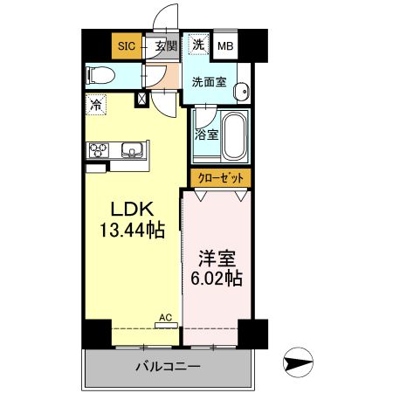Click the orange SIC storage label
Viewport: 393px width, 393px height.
tap(127, 46)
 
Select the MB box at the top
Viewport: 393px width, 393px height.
tap(225, 46)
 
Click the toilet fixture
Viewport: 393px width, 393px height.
tap(99, 75)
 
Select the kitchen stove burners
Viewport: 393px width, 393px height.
tap(97, 150)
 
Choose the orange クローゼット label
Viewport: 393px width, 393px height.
tap(222, 177)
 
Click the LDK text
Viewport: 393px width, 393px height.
tap(131, 210)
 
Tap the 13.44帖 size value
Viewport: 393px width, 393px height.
tap(131, 231)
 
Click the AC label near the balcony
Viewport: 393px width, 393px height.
tap(164, 319)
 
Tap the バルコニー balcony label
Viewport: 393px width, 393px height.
tap(169, 367)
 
